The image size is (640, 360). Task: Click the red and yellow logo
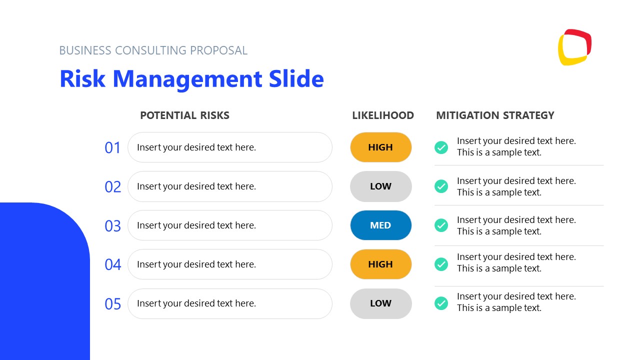(574, 47)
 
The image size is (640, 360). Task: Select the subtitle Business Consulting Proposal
(153, 50)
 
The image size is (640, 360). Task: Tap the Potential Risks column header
(184, 115)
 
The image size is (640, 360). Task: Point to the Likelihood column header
(383, 115)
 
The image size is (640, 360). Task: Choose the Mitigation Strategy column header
(495, 115)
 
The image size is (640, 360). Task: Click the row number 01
(112, 148)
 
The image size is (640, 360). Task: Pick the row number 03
(112, 226)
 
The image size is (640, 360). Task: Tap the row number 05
(112, 304)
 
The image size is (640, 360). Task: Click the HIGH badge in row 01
(380, 147)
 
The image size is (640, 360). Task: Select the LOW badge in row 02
(380, 186)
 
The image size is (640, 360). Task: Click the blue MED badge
(380, 225)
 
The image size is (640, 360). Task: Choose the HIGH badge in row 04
(380, 264)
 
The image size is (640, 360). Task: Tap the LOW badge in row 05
(380, 303)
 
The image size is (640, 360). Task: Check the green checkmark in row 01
(441, 147)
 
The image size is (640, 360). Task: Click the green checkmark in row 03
(441, 225)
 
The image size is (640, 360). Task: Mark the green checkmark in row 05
(441, 303)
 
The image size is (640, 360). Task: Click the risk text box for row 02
(230, 186)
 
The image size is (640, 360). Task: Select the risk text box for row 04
(230, 264)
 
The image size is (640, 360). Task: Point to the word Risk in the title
(82, 79)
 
